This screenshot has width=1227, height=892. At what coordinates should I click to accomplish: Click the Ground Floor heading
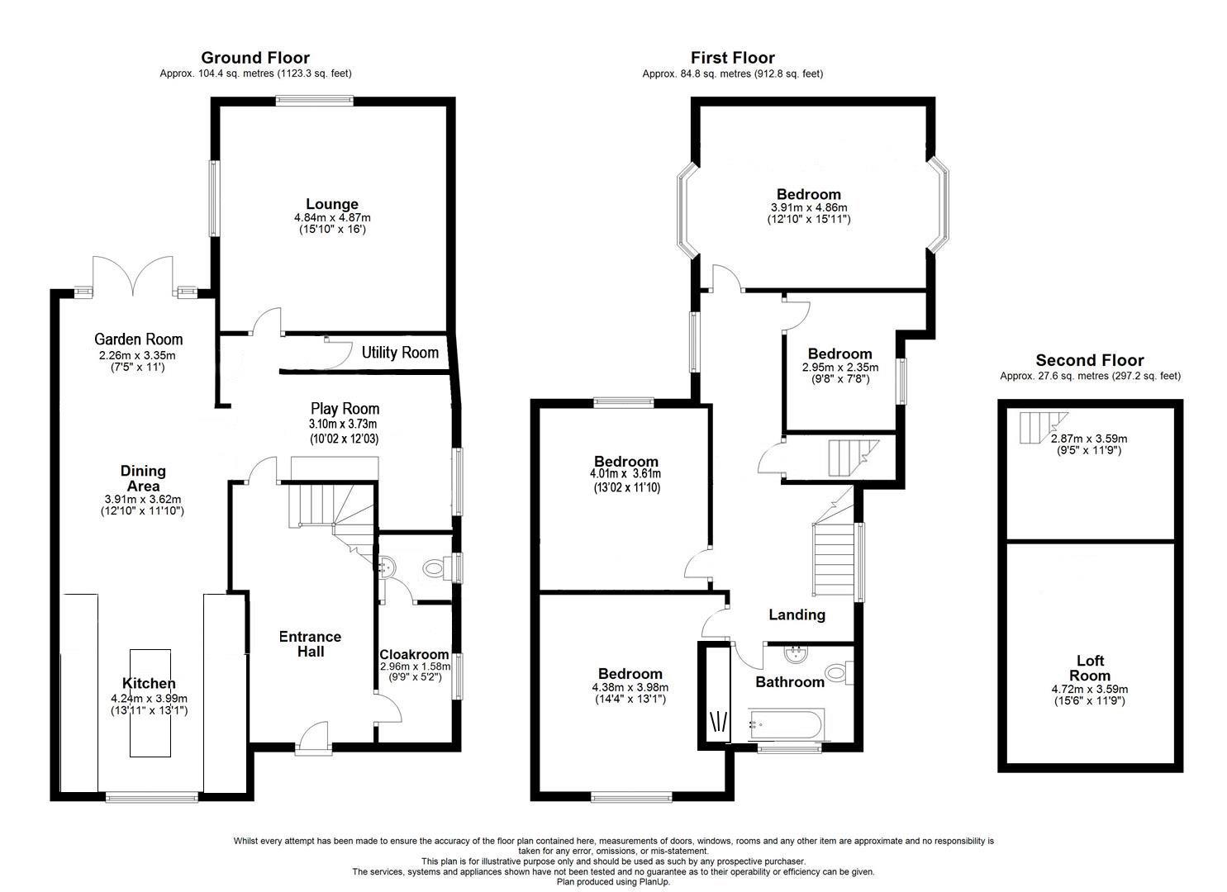click(255, 58)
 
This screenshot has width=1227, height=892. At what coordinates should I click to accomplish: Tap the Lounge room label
click(332, 204)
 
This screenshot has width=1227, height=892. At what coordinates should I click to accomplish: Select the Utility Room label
click(400, 353)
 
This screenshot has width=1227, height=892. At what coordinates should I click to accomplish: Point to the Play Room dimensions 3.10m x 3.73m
click(345, 424)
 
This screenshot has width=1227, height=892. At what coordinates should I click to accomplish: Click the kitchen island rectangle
click(150, 702)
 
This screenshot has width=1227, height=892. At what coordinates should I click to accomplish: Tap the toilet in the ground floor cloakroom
click(435, 568)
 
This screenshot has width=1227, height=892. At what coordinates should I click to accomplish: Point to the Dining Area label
click(143, 478)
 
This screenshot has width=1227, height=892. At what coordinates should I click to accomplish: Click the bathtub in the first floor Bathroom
click(785, 725)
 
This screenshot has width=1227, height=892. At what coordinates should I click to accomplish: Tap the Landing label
click(797, 614)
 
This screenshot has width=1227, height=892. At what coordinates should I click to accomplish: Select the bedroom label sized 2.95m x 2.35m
click(839, 353)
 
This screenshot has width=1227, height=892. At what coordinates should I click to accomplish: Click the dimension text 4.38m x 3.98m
click(630, 687)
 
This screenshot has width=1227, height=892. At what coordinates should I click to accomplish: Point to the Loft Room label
click(1090, 667)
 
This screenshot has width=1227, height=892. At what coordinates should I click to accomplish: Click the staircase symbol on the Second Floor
click(1038, 428)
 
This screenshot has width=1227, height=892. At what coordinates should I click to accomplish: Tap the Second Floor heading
click(1089, 360)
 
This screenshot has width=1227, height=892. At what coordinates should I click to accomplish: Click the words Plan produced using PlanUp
click(613, 882)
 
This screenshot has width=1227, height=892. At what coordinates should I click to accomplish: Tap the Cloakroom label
click(414, 654)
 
